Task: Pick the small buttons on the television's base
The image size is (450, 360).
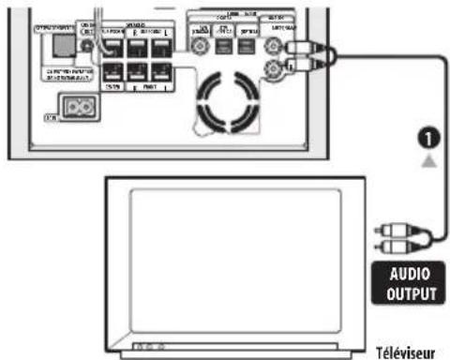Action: coord(146,347)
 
